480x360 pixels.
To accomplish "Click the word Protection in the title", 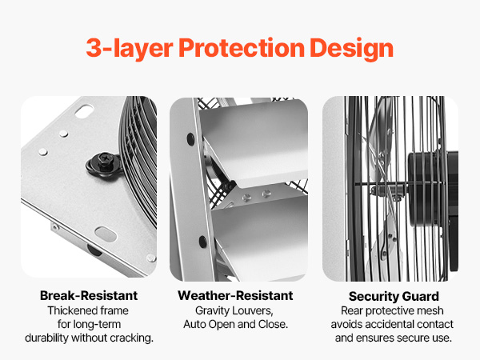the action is pos(242,48).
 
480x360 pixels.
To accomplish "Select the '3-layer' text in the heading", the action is pos(130,49).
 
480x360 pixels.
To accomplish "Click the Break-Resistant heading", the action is pos(89,296).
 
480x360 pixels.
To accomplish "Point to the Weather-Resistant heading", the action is pos(235,296).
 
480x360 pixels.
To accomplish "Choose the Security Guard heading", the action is pos(394,296).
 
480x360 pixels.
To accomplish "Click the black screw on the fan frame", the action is pos(104,161).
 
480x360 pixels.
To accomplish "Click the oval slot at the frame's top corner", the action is pos(83,111).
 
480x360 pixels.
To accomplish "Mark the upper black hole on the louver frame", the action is pos(190,139).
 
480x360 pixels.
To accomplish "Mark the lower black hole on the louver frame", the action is pos(202,242).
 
